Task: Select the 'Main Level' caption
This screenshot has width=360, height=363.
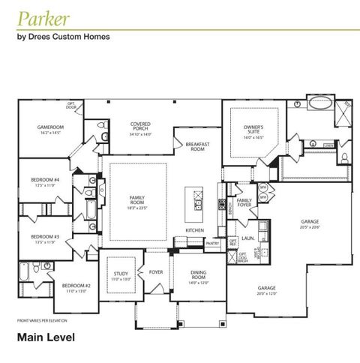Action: (x=46, y=337)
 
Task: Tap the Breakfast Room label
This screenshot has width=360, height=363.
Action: (x=197, y=147)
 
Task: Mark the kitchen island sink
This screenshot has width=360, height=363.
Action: (x=198, y=200)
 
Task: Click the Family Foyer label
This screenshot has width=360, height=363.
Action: (x=244, y=202)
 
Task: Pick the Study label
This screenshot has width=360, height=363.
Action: (x=120, y=274)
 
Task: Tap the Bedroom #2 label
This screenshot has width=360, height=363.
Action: (x=76, y=287)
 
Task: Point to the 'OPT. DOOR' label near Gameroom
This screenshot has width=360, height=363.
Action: (x=71, y=105)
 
